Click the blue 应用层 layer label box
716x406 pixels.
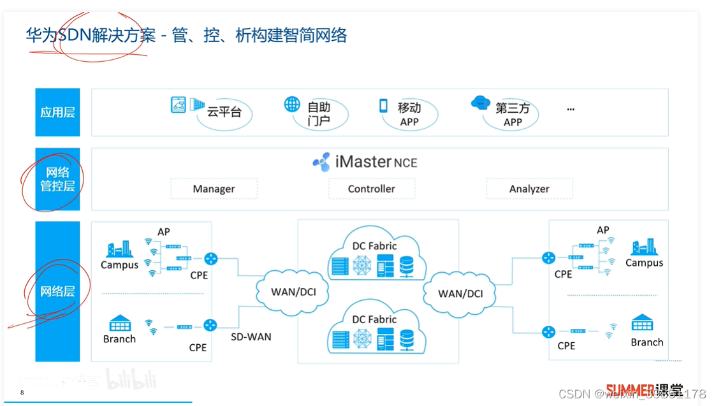click(x=57, y=112)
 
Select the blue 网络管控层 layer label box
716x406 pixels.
click(x=57, y=179)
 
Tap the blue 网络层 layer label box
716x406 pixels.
click(x=57, y=291)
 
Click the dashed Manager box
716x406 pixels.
click(x=214, y=189)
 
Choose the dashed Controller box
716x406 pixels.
click(x=372, y=189)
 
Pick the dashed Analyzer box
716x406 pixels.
click(x=529, y=189)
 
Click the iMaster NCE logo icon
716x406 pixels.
click(x=322, y=162)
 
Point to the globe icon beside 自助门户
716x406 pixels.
click(x=292, y=105)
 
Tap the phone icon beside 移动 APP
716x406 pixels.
click(x=384, y=106)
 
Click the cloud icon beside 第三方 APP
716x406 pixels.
click(x=480, y=103)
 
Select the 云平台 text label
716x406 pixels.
click(x=224, y=112)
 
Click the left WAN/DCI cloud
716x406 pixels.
click(x=293, y=291)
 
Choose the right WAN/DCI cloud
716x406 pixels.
click(x=460, y=293)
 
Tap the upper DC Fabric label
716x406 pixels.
click(x=374, y=245)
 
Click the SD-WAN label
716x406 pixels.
click(x=251, y=336)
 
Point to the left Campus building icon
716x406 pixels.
click(x=119, y=249)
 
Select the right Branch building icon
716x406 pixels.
click(x=642, y=323)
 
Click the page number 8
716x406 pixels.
click(x=22, y=392)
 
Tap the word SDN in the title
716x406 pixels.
click(x=75, y=35)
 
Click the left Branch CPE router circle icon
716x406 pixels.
click(x=210, y=326)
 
